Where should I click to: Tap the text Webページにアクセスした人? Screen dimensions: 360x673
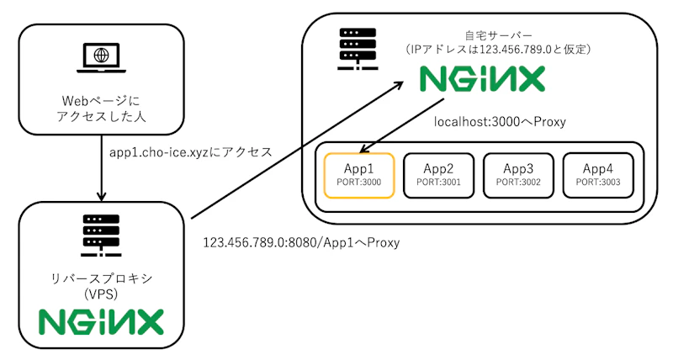coord(100,108)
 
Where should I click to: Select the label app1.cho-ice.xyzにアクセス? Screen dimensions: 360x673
coord(191,152)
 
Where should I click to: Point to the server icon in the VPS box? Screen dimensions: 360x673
coord(100,236)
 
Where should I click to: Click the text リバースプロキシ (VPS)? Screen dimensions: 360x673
coord(100,286)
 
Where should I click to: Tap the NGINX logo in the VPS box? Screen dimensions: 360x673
coord(101,322)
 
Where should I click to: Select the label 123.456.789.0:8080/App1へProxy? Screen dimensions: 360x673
coord(301,242)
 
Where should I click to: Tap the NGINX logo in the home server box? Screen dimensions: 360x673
coord(483,82)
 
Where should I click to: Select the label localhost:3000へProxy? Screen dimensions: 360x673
coord(500,123)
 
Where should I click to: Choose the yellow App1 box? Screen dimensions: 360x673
coord(358,175)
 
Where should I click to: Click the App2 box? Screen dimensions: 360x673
coord(438,175)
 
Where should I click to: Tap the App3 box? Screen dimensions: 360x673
coord(517,175)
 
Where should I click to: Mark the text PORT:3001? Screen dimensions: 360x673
coord(438,182)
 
